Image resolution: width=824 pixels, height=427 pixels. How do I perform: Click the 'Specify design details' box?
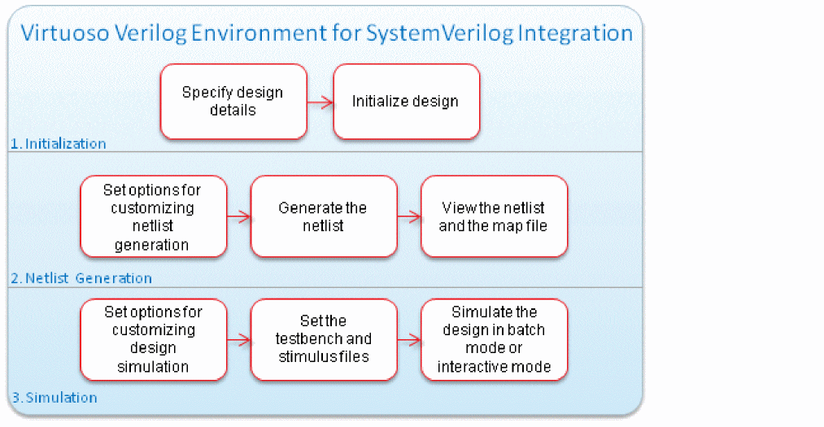pos(233,102)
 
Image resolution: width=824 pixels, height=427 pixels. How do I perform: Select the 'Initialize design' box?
pos(406,102)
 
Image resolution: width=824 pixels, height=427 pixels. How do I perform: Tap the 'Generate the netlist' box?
pos(323,217)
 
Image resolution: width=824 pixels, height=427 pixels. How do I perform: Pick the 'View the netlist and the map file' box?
pos(494,217)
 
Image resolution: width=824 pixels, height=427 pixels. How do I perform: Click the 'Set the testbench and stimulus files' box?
pos(323,340)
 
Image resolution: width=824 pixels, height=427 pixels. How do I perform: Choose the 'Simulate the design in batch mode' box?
pos(494,340)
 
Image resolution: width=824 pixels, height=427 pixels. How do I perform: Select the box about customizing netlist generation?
pos(153,217)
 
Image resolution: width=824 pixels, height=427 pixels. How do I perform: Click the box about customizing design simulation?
pos(153,340)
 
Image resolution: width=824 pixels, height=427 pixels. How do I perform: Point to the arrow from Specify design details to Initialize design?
pos(320,102)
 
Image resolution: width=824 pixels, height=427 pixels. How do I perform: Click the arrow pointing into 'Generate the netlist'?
pos(238,217)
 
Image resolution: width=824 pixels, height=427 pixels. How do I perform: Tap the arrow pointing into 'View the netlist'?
pos(409,217)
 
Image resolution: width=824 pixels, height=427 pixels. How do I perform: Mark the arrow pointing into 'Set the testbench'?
pos(238,340)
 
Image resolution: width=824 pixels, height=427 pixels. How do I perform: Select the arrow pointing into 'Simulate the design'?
pos(409,340)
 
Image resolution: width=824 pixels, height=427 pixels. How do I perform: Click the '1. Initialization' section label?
pos(58,144)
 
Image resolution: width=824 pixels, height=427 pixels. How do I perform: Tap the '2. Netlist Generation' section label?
pos(81,278)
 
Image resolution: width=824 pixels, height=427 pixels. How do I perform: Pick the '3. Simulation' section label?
pos(54,398)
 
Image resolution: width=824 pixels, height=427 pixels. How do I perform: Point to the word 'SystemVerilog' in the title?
pos(429,33)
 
